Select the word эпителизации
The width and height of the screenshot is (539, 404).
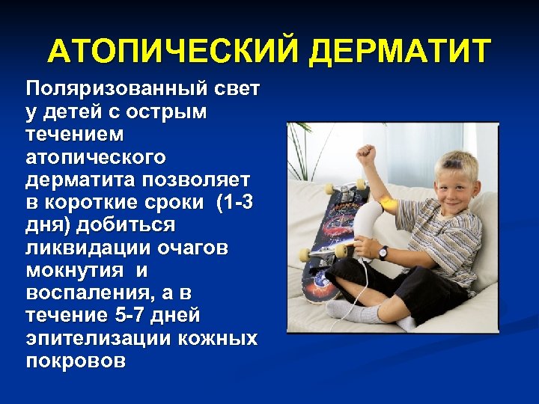[x=97, y=338]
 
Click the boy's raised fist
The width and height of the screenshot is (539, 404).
[x=365, y=155]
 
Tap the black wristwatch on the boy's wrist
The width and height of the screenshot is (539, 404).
[x=383, y=252]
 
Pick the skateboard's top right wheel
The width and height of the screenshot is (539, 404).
[x=360, y=183]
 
